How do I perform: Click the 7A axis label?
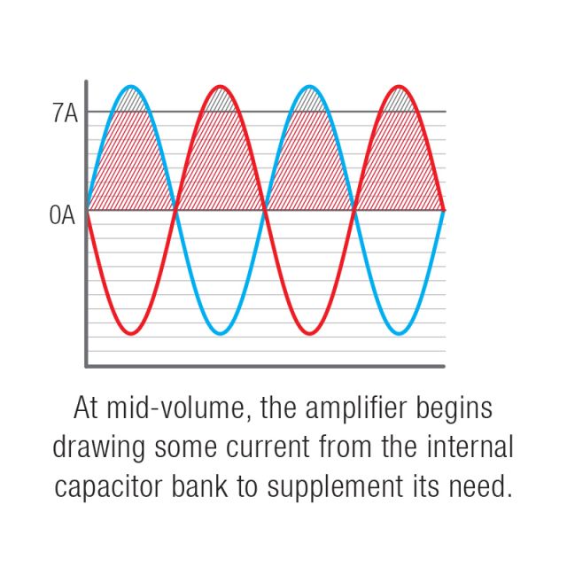click(x=65, y=113)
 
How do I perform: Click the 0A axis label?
click(x=62, y=214)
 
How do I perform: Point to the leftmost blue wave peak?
click(x=131, y=87)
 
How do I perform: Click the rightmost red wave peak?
click(x=399, y=87)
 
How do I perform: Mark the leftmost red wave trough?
click(x=131, y=333)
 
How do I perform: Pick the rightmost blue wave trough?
click(x=399, y=333)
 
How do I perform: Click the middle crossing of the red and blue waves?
click(x=265, y=210)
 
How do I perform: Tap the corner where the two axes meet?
click(x=87, y=366)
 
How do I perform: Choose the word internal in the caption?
click(x=470, y=447)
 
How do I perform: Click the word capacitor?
click(x=108, y=488)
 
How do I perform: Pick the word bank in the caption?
click(x=199, y=485)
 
